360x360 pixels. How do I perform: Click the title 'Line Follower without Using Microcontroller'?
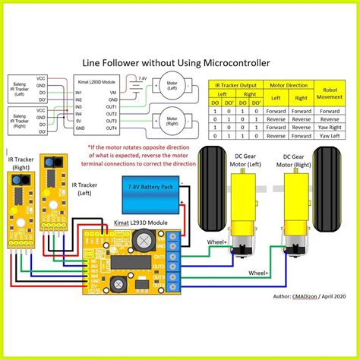pyautogui.click(x=179, y=65)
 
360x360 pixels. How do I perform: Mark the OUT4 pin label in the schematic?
pyautogui.click(x=112, y=127)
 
